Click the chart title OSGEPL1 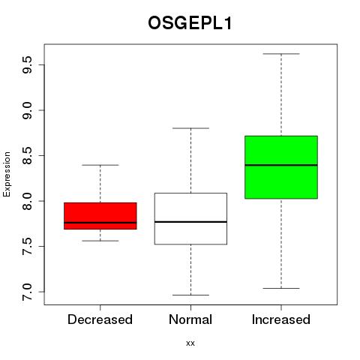click(190, 23)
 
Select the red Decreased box click(100, 216)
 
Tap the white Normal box click(190, 218)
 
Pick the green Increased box click(281, 167)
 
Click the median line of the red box click(100, 223)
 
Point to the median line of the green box click(281, 165)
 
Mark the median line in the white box click(190, 222)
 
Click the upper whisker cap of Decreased click(100, 165)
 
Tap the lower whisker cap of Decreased click(100, 241)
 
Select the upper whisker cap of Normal click(190, 128)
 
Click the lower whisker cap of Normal click(190, 295)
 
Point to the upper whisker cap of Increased click(281, 54)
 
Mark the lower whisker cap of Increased click(281, 288)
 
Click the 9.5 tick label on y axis click(27, 64)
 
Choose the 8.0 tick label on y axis click(27, 201)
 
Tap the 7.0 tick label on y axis click(27, 292)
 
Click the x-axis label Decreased click(100, 319)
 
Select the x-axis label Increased click(281, 319)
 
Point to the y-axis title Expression click(7, 174)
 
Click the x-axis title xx click(190, 343)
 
